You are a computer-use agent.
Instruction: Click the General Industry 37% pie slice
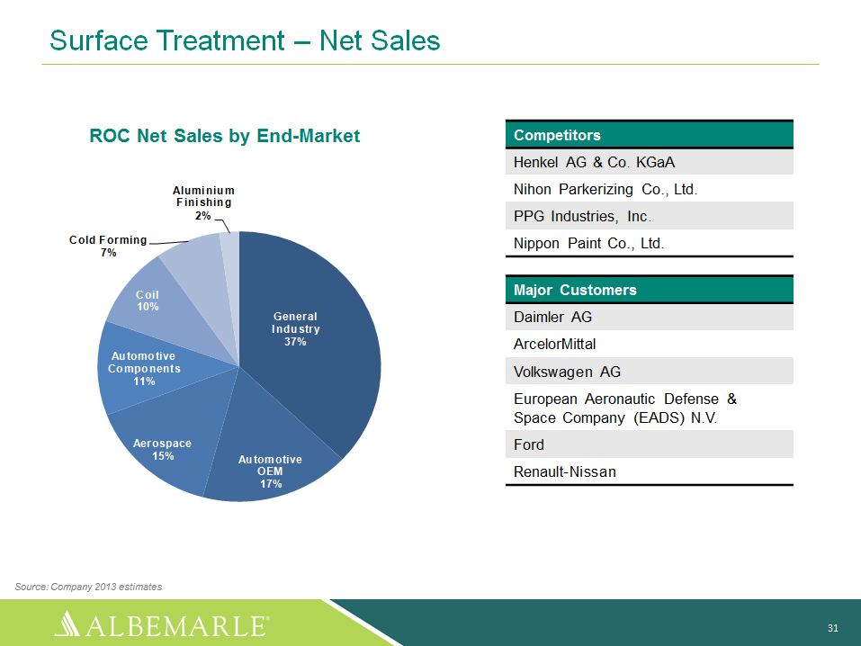pos(308,341)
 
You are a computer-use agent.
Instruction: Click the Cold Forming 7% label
pos(108,246)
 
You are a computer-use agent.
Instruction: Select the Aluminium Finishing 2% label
pos(203,202)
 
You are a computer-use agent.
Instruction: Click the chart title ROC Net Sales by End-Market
pos(225,136)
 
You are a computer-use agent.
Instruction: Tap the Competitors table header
pos(649,135)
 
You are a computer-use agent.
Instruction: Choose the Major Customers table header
pos(649,290)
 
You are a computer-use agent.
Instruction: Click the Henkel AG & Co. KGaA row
pos(649,162)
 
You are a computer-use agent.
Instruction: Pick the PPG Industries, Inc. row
pos(649,216)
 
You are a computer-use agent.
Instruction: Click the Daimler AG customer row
pos(649,317)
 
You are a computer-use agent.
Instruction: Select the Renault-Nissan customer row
pos(649,471)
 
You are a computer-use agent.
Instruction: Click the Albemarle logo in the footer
pos(162,624)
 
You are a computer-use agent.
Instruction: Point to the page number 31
pos(832,628)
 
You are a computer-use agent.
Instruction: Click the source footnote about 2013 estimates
pos(88,587)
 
